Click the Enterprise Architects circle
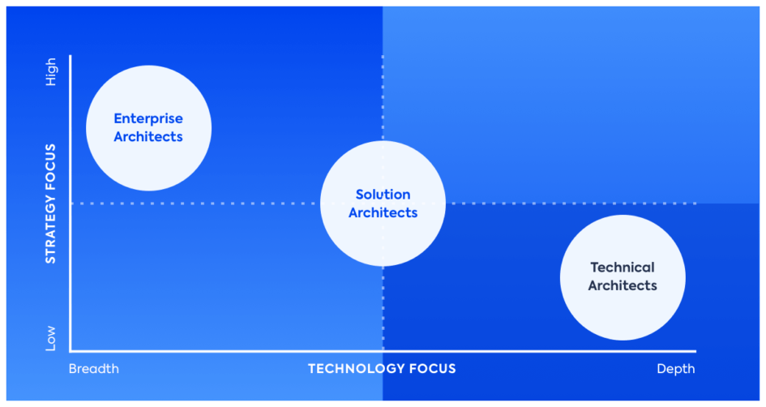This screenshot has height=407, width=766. (148, 128)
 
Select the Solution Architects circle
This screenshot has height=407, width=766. (383, 203)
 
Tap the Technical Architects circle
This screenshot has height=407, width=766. (623, 277)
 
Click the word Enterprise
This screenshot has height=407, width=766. (148, 118)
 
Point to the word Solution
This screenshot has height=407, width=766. (383, 195)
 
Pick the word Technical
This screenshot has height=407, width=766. (623, 268)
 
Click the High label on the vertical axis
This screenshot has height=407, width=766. (51, 71)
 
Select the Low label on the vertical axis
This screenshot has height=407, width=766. (51, 337)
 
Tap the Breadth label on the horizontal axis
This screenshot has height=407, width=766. (94, 369)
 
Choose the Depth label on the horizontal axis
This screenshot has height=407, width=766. (676, 369)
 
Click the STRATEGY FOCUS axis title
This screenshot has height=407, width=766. (51, 203)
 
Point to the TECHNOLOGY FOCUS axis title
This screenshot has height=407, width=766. (382, 369)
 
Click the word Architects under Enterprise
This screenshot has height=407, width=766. (148, 137)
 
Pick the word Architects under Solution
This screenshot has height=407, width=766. (383, 213)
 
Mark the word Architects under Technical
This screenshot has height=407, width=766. (623, 286)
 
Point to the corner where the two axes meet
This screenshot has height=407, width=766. (71, 351)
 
